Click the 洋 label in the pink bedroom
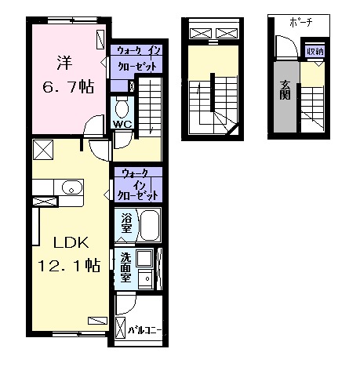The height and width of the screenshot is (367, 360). tap(64, 63)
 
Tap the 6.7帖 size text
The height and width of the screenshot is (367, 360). tap(68, 86)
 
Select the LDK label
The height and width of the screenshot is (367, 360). tap(71, 243)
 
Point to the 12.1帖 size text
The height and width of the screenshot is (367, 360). tap(69, 265)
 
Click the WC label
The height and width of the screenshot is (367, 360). tap(122, 124)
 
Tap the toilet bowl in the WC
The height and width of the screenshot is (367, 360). tap(122, 108)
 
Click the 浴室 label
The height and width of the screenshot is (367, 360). tap(126, 223)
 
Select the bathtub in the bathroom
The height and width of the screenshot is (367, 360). tap(150, 225)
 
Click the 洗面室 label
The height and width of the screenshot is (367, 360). tap(125, 268)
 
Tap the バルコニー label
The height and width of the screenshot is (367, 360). tap(144, 330)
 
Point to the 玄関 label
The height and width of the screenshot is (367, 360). tap(285, 90)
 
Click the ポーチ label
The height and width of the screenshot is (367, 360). tap(301, 23)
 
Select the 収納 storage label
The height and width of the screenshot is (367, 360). tap(315, 52)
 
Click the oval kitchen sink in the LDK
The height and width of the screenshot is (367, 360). tap(71, 187)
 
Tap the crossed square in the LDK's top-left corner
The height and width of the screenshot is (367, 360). tap(43, 150)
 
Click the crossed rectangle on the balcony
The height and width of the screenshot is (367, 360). tap(120, 328)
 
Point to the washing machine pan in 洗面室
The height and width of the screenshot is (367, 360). tap(144, 259)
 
